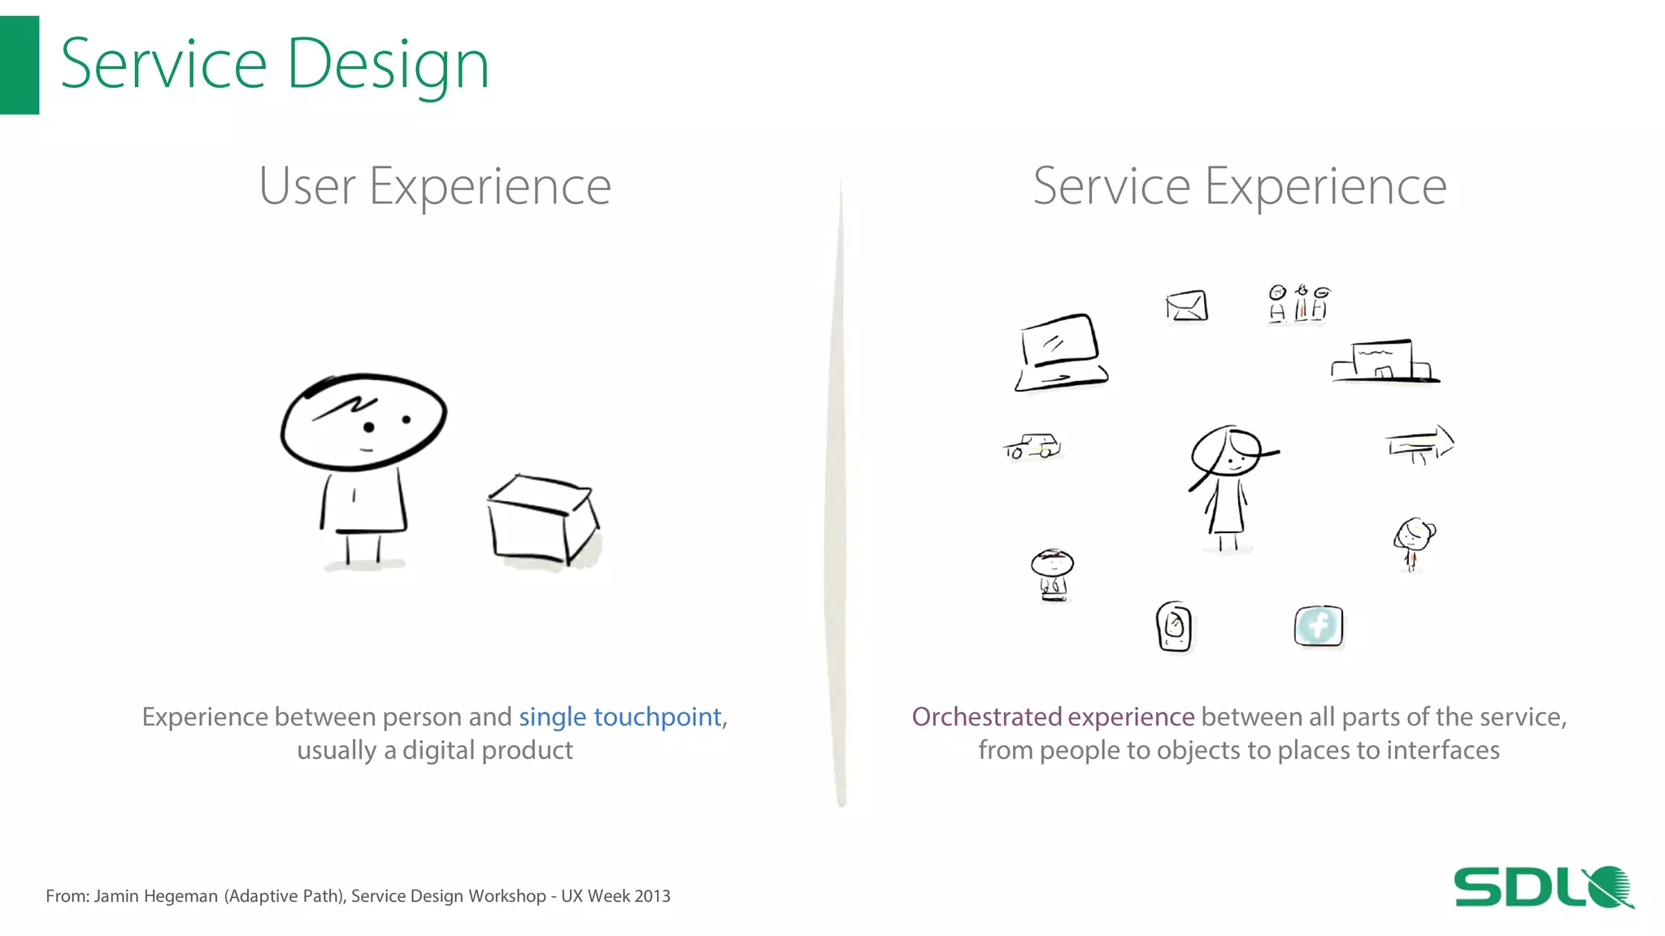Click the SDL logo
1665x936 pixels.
click(1542, 886)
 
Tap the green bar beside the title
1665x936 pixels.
click(19, 65)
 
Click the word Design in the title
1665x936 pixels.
click(388, 65)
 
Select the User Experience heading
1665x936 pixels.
click(434, 186)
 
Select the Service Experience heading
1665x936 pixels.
click(1239, 186)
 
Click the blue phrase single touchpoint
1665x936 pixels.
click(619, 717)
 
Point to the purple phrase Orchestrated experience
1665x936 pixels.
click(1053, 717)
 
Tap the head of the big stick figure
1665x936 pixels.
click(363, 422)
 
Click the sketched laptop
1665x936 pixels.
click(1060, 353)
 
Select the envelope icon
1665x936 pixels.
click(1186, 306)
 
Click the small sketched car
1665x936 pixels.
click(1032, 446)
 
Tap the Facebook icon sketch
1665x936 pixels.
click(1318, 626)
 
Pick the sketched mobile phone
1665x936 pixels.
click(1174, 626)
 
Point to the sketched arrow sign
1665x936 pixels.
click(1419, 444)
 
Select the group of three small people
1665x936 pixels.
click(1298, 304)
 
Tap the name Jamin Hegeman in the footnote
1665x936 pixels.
click(156, 896)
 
